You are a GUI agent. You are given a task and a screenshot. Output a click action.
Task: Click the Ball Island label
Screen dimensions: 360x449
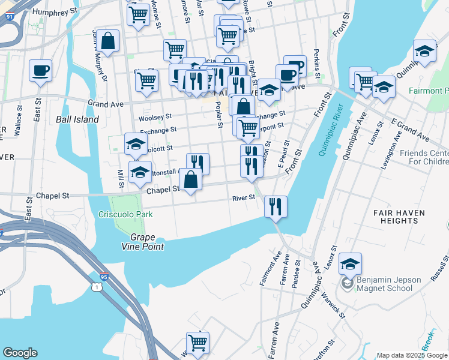[77, 119]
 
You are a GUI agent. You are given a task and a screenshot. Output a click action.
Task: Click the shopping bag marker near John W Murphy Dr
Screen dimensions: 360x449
[108, 42]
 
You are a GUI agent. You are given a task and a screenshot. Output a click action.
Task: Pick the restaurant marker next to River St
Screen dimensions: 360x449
[276, 207]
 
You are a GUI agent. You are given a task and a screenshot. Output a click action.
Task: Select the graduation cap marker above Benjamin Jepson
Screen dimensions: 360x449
[350, 263]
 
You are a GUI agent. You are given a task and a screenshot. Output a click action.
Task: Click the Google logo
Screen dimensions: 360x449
[20, 353]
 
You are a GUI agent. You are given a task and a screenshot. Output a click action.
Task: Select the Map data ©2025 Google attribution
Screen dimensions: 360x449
[412, 355]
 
